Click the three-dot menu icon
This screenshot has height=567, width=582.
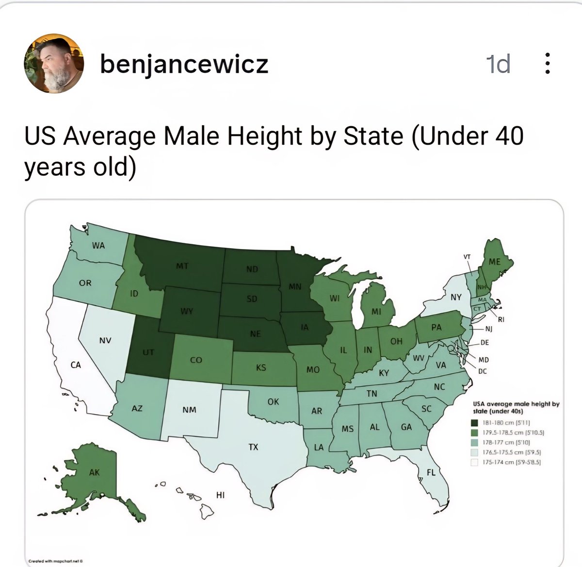tap(547, 64)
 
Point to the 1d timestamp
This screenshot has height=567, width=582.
tap(498, 64)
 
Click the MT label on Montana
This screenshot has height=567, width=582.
tap(182, 266)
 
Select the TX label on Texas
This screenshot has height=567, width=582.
tap(254, 447)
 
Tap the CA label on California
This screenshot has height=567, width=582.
tap(76, 365)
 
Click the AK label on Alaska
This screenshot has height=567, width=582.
tap(94, 472)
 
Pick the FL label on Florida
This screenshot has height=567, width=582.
tap(431, 472)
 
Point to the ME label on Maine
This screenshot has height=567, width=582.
tap(494, 262)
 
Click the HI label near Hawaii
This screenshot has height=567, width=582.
tap(220, 495)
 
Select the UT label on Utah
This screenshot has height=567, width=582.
tap(148, 352)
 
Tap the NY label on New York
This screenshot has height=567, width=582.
tap(456, 297)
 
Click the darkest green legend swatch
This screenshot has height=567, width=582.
tap(475, 422)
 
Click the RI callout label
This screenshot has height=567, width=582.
tap(501, 319)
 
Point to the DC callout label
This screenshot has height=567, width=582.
tap(482, 371)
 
